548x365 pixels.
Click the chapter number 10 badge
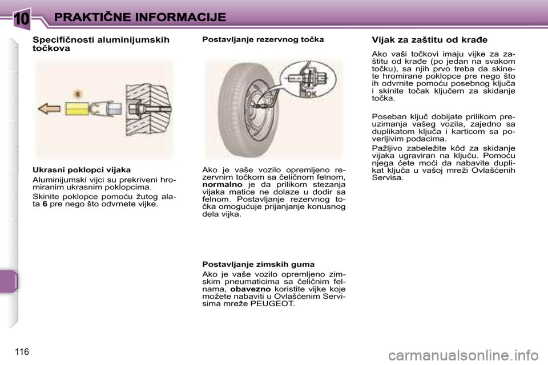[x=22, y=18]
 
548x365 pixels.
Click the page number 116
[x=22, y=352]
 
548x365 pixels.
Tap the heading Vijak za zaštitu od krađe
[x=429, y=40]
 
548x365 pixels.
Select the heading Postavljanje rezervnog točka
[x=263, y=39]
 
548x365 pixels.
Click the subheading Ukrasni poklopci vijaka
[x=82, y=170]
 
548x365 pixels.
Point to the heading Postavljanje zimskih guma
[x=258, y=265]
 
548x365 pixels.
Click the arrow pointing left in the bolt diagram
[x=49, y=109]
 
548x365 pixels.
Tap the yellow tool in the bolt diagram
[x=78, y=109]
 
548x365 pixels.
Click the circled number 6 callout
[x=78, y=94]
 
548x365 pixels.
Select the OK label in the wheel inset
[x=312, y=94]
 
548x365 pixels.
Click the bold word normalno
[x=222, y=184]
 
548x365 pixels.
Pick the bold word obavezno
[x=251, y=289]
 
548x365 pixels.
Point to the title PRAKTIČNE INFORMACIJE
[x=140, y=17]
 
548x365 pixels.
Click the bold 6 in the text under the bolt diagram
[x=45, y=204]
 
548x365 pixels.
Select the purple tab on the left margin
[x=9, y=281]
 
